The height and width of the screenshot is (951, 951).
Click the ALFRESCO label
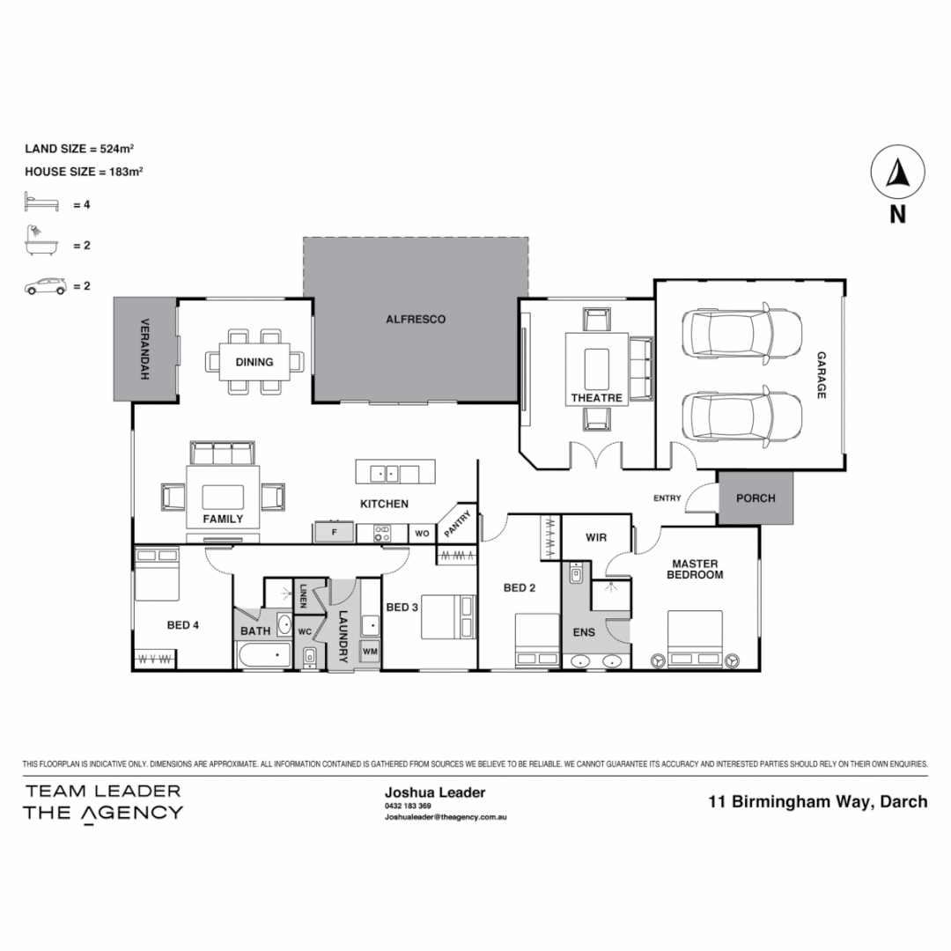[416, 320]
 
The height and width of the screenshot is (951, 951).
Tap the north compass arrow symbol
[896, 173]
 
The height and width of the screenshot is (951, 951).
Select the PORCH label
[756, 498]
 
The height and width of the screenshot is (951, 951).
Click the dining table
[254, 361]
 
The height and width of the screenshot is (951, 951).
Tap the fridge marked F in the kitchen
[334, 533]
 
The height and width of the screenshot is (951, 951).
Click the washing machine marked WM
[370, 652]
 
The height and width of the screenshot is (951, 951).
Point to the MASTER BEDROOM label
[696, 569]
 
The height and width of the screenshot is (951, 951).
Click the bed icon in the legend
[41, 204]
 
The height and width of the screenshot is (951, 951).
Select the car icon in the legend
[45, 286]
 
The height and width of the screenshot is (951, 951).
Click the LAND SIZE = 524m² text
[78, 149]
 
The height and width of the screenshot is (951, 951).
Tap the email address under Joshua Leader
[445, 816]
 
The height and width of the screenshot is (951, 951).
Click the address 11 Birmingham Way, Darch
[818, 801]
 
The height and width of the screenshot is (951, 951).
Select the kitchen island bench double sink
[387, 473]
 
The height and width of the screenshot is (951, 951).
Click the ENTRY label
[667, 498]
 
